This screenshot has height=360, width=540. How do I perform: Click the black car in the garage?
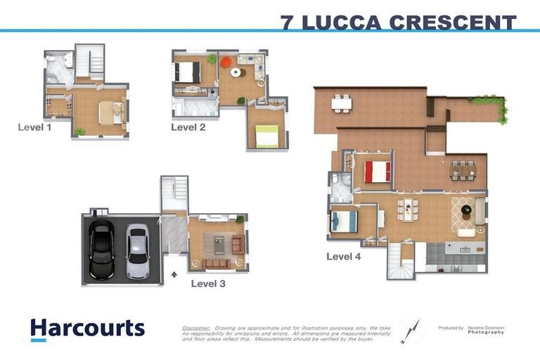[x=101, y=251]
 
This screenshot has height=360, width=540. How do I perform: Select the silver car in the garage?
[x=137, y=252]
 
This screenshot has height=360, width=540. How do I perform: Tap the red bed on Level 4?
[x=378, y=172]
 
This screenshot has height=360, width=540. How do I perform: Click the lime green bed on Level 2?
[x=267, y=136]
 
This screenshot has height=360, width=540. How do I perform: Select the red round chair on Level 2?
[x=225, y=62]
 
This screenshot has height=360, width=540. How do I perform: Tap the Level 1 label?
[x=35, y=127]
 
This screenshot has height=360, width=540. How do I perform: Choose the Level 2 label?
[x=188, y=127]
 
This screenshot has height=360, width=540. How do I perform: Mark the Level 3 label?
[x=208, y=284]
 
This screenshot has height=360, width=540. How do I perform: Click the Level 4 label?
[x=343, y=257]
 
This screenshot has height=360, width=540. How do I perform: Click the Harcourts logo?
[x=87, y=329]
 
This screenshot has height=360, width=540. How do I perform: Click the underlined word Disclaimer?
[x=196, y=328]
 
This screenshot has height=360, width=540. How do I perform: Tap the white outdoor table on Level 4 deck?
[x=342, y=103]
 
